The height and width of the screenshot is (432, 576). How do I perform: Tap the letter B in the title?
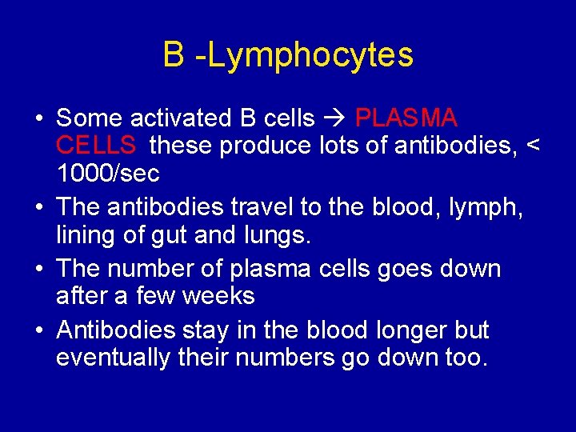click(173, 54)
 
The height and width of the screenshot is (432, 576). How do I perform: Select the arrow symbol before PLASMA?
click(334, 118)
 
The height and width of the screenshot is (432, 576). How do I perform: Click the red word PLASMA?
click(406, 118)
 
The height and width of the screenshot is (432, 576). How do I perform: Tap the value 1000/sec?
click(108, 173)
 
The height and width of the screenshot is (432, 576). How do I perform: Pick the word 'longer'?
click(413, 330)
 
